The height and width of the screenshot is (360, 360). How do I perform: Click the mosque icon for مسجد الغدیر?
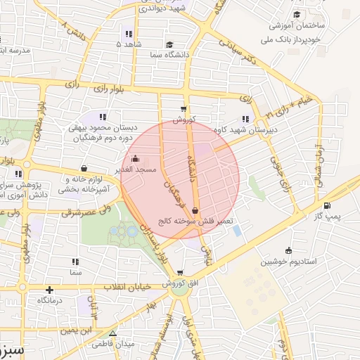coord(136,159)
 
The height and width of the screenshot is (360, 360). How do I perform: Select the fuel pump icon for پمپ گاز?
coord(326,206)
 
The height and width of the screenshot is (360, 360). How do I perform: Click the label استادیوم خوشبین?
coord(289,262)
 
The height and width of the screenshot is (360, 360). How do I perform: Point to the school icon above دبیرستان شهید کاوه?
coord(245,118)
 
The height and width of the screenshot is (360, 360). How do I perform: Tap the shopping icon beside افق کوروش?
coord(181,273)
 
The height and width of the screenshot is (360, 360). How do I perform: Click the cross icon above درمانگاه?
coord(49,290)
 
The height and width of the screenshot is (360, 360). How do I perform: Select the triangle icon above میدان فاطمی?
coord(112,333)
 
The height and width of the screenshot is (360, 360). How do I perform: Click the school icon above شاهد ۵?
coord(127,33)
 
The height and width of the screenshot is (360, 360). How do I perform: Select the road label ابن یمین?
coord(76,329)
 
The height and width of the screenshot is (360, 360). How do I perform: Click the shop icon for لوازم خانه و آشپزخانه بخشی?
coord(84,168)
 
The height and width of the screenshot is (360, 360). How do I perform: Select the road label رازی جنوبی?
coord(280,176)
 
